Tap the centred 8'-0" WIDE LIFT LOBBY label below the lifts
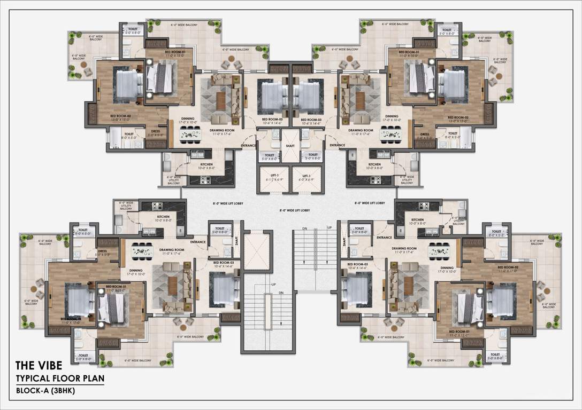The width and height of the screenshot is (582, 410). pyautogui.click(x=290, y=211)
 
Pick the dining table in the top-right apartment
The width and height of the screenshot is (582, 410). pyautogui.click(x=390, y=135)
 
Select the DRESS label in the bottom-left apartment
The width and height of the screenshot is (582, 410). pyautogui.click(x=101, y=253)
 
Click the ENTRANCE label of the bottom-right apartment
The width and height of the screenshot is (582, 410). pyautogui.click(x=384, y=237)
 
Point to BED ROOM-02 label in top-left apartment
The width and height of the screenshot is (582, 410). pyautogui.click(x=120, y=116)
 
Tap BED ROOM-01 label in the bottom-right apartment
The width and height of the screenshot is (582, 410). pyautogui.click(x=459, y=332)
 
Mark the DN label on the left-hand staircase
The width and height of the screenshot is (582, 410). pyautogui.click(x=280, y=293)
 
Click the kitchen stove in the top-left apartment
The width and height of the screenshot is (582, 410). pyautogui.click(x=204, y=180)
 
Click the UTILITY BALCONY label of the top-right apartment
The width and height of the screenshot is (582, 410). pyautogui.click(x=407, y=180)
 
